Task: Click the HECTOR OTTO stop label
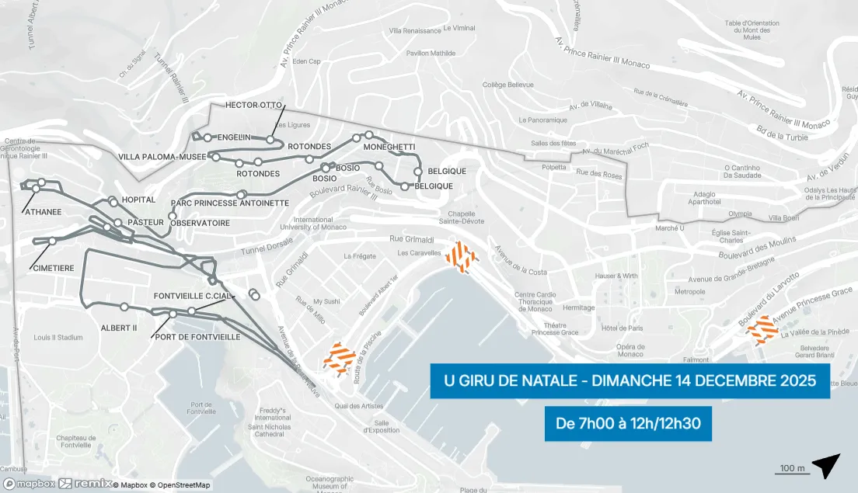pyautogui.click(x=253, y=105)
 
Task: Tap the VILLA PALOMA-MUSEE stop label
pyautogui.click(x=162, y=157)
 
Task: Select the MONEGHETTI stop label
pyautogui.click(x=389, y=147)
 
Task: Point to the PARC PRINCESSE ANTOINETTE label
pyautogui.click(x=229, y=203)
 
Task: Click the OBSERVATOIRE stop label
pyautogui.click(x=200, y=223)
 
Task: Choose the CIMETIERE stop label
pyautogui.click(x=54, y=268)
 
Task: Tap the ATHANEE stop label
pyautogui.click(x=43, y=211)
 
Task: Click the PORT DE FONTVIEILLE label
pyautogui.click(x=197, y=337)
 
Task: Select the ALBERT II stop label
pyautogui.click(x=119, y=328)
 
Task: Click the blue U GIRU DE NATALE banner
pyautogui.click(x=630, y=381)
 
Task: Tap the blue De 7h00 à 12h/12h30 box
pyautogui.click(x=628, y=424)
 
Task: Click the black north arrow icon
pyautogui.click(x=826, y=465)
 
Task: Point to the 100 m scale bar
pyautogui.click(x=791, y=470)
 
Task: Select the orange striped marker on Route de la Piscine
pyautogui.click(x=340, y=359)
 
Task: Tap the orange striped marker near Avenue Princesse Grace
pyautogui.click(x=762, y=330)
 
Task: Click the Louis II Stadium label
pyautogui.click(x=58, y=338)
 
